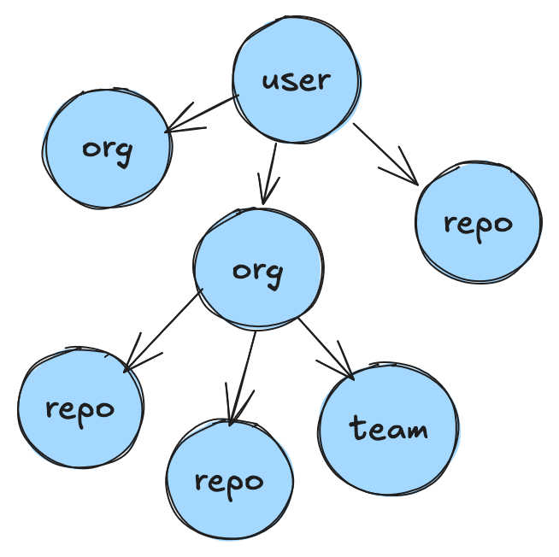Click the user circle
(x=297, y=79)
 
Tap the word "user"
(x=296, y=81)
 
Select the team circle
(x=389, y=430)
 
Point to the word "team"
(x=389, y=429)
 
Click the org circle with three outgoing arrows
(x=257, y=267)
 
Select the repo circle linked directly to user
(x=478, y=222)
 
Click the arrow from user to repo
(x=384, y=154)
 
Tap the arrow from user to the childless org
(x=200, y=114)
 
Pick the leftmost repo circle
(x=80, y=408)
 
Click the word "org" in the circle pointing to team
(x=257, y=271)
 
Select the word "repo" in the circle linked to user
(x=478, y=224)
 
